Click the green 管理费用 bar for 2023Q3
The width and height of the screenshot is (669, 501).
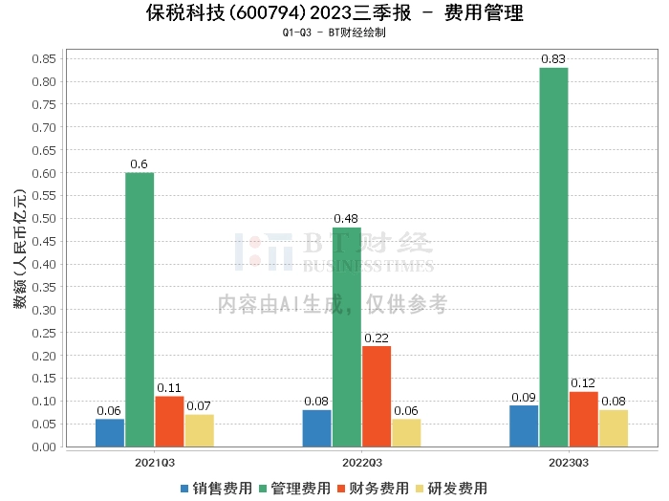tap(553, 257)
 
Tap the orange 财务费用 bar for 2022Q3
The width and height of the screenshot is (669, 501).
tap(377, 396)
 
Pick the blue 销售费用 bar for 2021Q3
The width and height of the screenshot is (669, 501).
tap(110, 432)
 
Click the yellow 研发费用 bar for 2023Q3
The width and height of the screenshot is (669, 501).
tap(614, 427)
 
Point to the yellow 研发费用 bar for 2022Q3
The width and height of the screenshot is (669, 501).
tap(406, 432)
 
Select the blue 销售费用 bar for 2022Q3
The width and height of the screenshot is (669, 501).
tap(317, 427)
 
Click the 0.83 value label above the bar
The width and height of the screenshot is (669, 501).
tap(553, 59)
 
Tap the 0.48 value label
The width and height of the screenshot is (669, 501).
tap(347, 219)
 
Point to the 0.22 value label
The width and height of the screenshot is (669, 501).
tap(377, 338)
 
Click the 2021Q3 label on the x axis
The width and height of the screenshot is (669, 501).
tap(155, 463)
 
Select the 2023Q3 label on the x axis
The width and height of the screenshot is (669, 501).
tap(569, 463)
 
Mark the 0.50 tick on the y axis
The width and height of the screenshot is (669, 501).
tap(42, 218)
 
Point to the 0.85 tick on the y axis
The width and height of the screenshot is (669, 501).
tap(42, 58)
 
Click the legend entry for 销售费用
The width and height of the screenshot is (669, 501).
tap(216, 488)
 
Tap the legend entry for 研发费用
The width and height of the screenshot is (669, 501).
tap(451, 488)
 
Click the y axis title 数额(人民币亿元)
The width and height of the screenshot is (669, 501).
tap(19, 252)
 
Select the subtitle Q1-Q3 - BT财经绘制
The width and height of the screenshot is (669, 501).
tap(334, 33)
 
